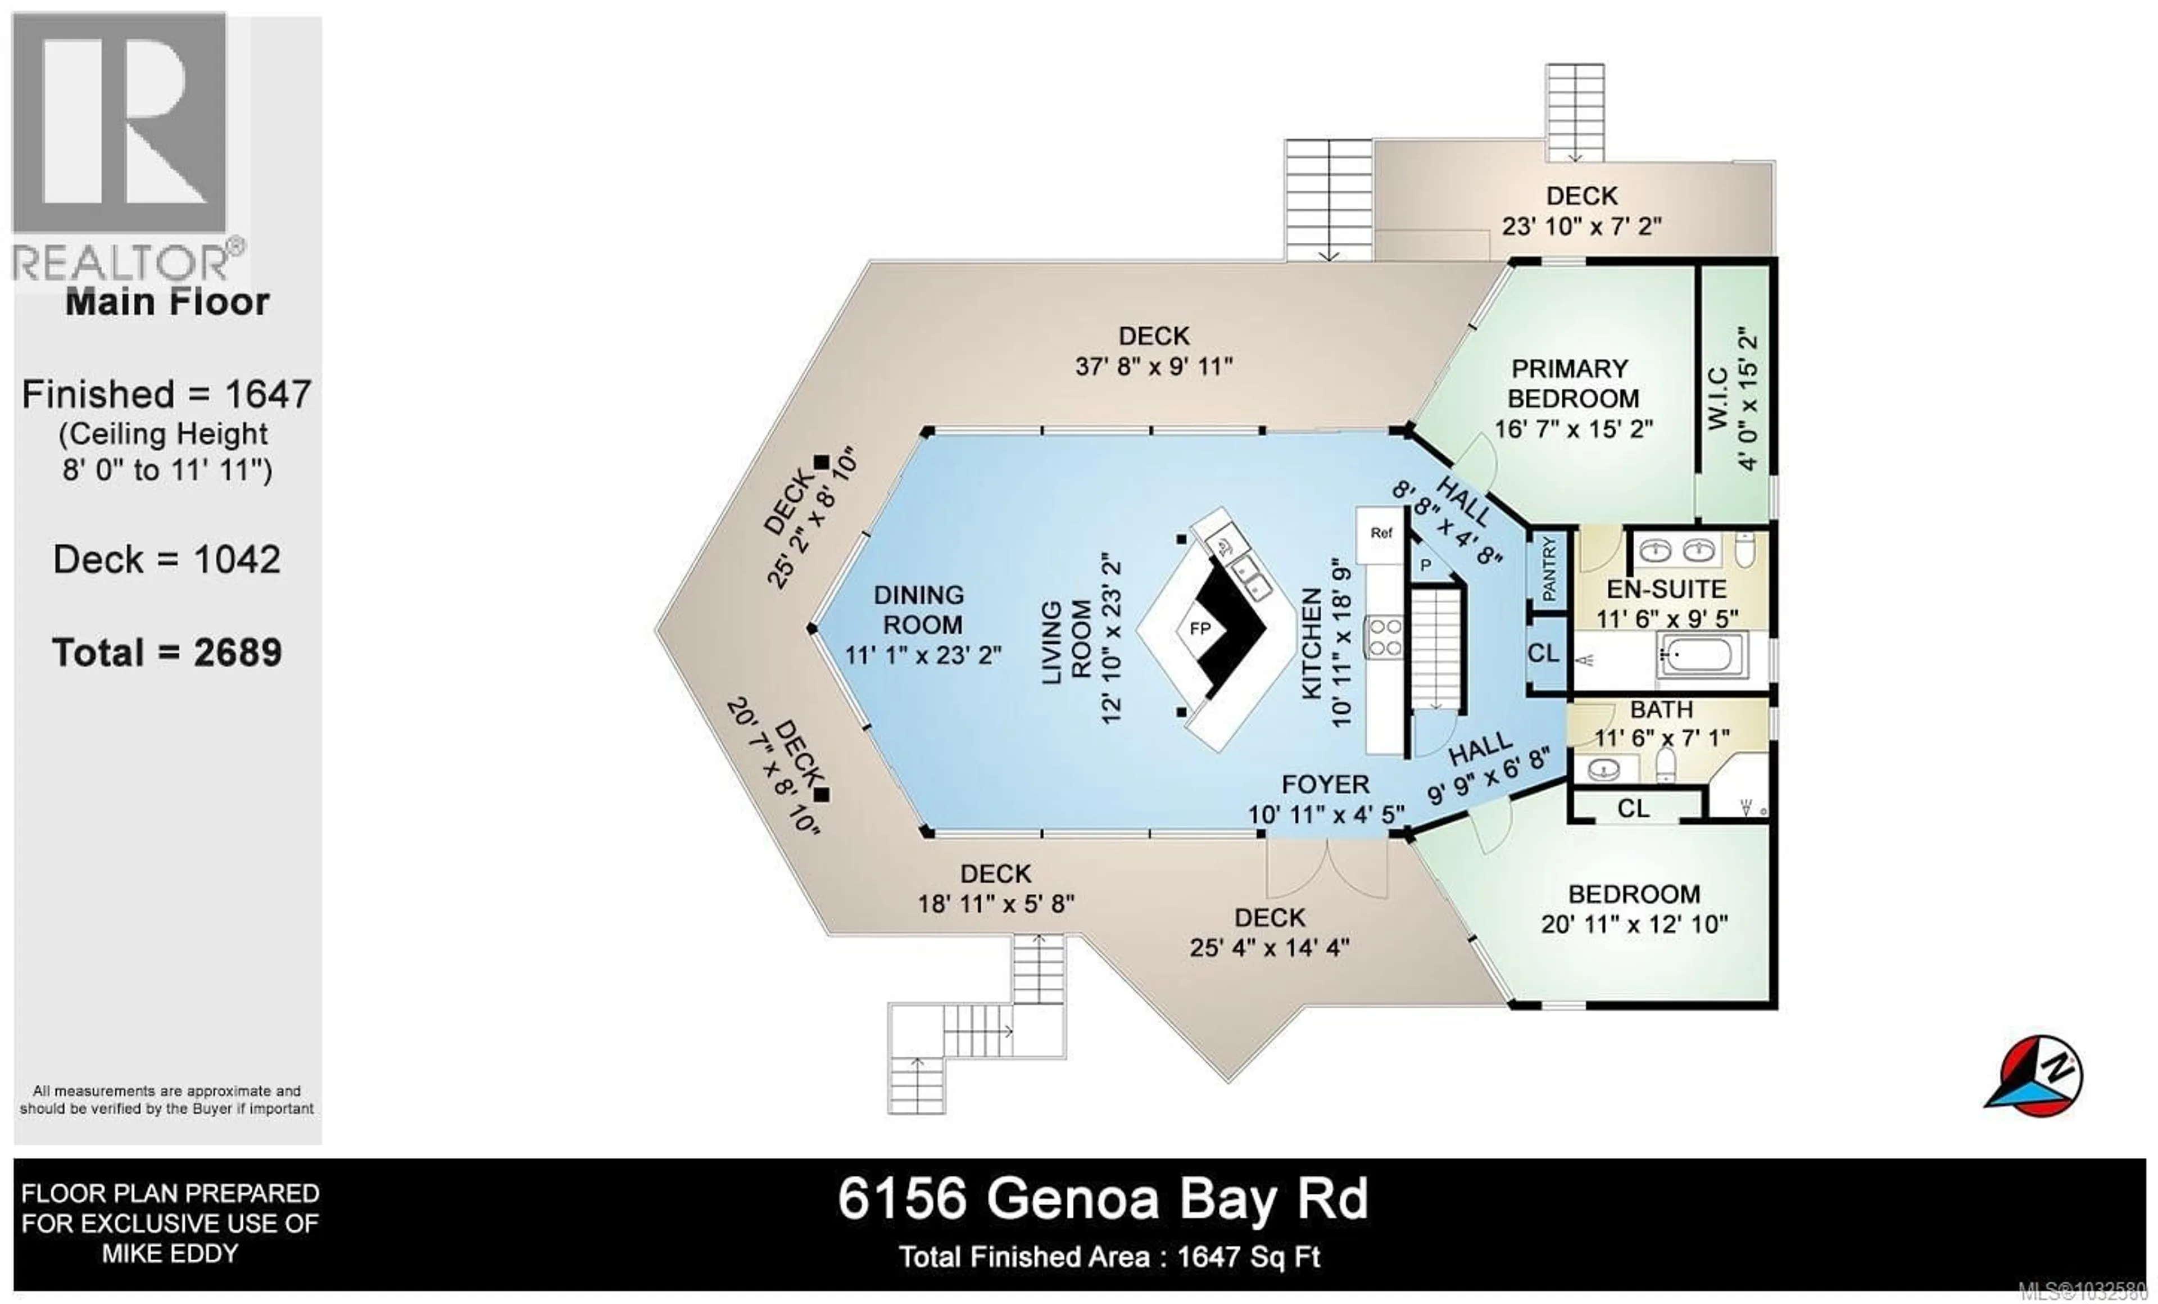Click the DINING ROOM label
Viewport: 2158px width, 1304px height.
[919, 609]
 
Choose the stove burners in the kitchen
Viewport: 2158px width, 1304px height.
[1385, 637]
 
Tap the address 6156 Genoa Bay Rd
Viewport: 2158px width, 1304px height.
[1103, 1199]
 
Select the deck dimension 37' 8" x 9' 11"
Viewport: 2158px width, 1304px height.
[1153, 366]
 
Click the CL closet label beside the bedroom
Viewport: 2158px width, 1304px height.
[1633, 808]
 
